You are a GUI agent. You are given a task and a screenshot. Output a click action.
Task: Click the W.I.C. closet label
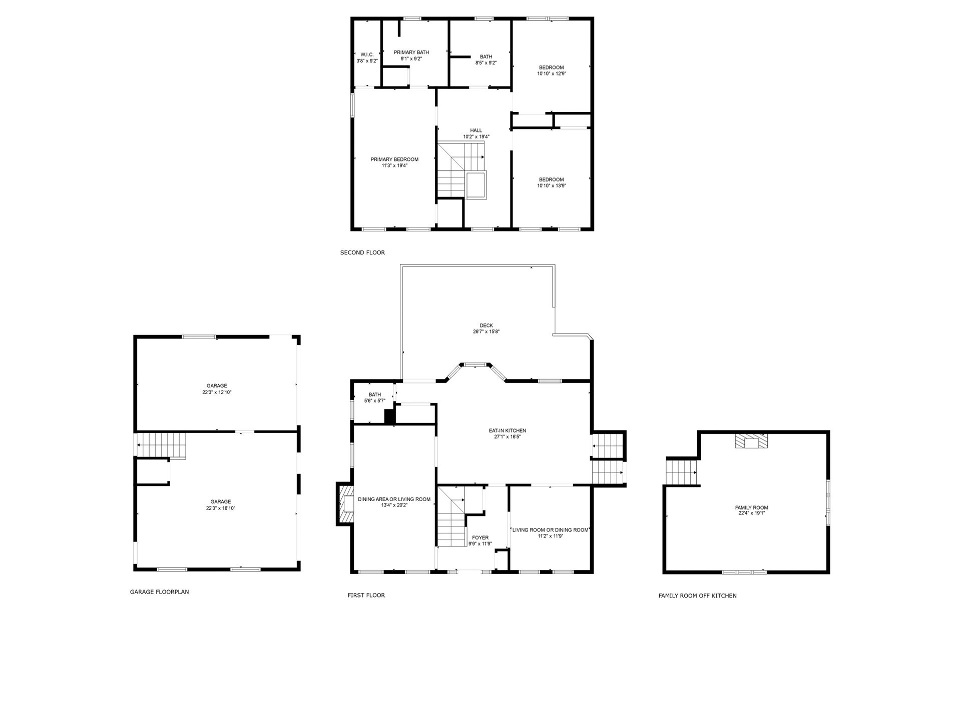(367, 54)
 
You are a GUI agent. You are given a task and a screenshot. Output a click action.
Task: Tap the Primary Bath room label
(411, 52)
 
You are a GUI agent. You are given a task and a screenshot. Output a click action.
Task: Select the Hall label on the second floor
(476, 130)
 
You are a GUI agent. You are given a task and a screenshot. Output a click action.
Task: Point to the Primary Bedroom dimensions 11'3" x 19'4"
(394, 165)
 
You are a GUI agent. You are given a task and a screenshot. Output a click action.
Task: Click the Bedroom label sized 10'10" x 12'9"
(552, 67)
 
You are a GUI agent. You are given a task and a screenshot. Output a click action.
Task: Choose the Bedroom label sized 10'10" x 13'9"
(552, 179)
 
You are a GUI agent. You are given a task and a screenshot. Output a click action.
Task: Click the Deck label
(486, 325)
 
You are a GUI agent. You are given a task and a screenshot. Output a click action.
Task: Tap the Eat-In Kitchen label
(508, 430)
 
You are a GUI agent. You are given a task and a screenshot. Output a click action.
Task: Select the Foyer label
(480, 538)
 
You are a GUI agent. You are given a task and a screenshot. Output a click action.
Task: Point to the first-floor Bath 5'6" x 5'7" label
(375, 394)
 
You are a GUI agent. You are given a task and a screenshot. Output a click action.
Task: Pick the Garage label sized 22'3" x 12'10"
(217, 385)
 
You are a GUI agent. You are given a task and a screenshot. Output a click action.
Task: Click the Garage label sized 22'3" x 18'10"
(220, 501)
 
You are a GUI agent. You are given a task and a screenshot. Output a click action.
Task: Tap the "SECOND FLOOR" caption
(362, 252)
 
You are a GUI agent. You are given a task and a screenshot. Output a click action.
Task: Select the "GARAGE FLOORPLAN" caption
(159, 592)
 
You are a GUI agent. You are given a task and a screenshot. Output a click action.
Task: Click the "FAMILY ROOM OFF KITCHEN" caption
(697, 595)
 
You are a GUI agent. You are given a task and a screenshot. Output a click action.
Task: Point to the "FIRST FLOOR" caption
(366, 595)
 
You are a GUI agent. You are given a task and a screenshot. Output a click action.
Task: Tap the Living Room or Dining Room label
(551, 530)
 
